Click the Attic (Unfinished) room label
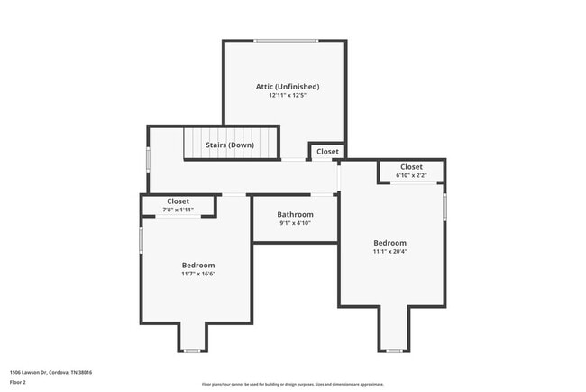[x=287, y=87]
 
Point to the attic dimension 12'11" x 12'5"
[x=287, y=95]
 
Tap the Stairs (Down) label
[x=230, y=145]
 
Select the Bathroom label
[x=295, y=214]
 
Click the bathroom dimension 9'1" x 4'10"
[x=295, y=222]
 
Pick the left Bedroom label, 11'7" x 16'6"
[x=198, y=265]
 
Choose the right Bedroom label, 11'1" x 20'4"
[x=390, y=243]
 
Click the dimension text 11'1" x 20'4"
[x=390, y=252]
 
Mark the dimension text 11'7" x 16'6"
[x=198, y=274]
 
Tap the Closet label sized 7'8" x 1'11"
[x=178, y=201]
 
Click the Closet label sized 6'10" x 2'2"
[x=411, y=167]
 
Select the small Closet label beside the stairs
[x=327, y=152]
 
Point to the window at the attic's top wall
[x=286, y=41]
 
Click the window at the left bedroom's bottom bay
[x=191, y=350]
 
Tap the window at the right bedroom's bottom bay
[x=393, y=350]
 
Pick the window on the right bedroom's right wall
[x=444, y=206]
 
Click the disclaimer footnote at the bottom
[x=292, y=384]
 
